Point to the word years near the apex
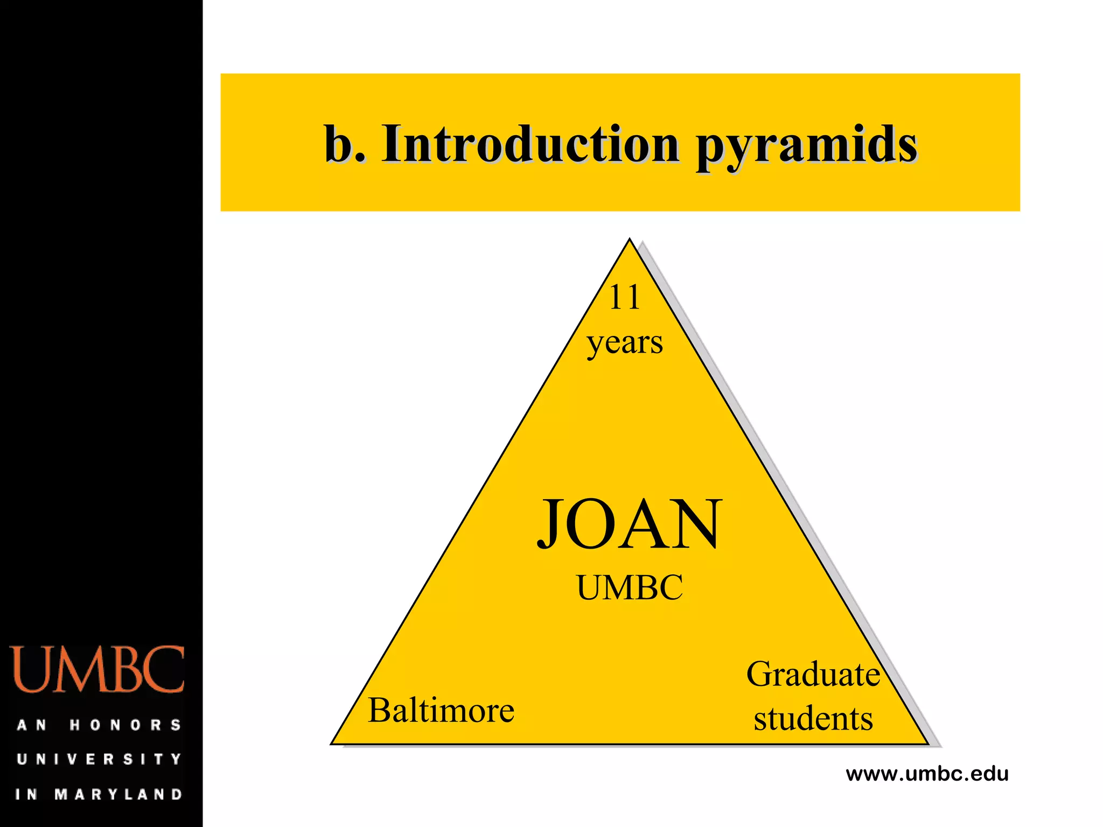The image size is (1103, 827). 625,342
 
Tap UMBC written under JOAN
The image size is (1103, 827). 630,587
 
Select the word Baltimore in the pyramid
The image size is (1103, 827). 441,710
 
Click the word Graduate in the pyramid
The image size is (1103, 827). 813,674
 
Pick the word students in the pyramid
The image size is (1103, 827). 813,718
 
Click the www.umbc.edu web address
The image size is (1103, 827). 927,774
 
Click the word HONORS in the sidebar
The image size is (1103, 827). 125,725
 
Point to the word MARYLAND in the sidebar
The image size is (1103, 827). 118,794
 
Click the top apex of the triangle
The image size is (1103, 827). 629,241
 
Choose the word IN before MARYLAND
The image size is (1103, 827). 26,794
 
